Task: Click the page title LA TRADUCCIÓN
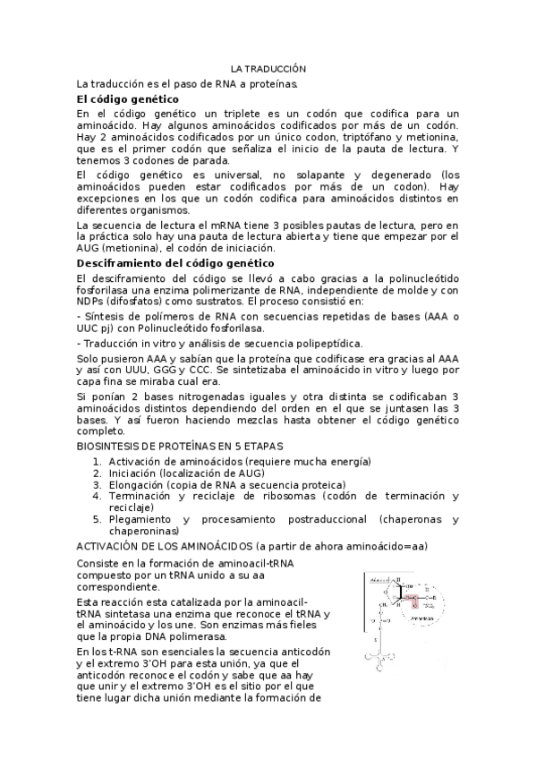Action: point(268,69)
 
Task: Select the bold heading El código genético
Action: point(128,98)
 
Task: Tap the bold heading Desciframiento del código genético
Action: point(175,263)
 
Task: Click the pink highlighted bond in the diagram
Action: point(412,596)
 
